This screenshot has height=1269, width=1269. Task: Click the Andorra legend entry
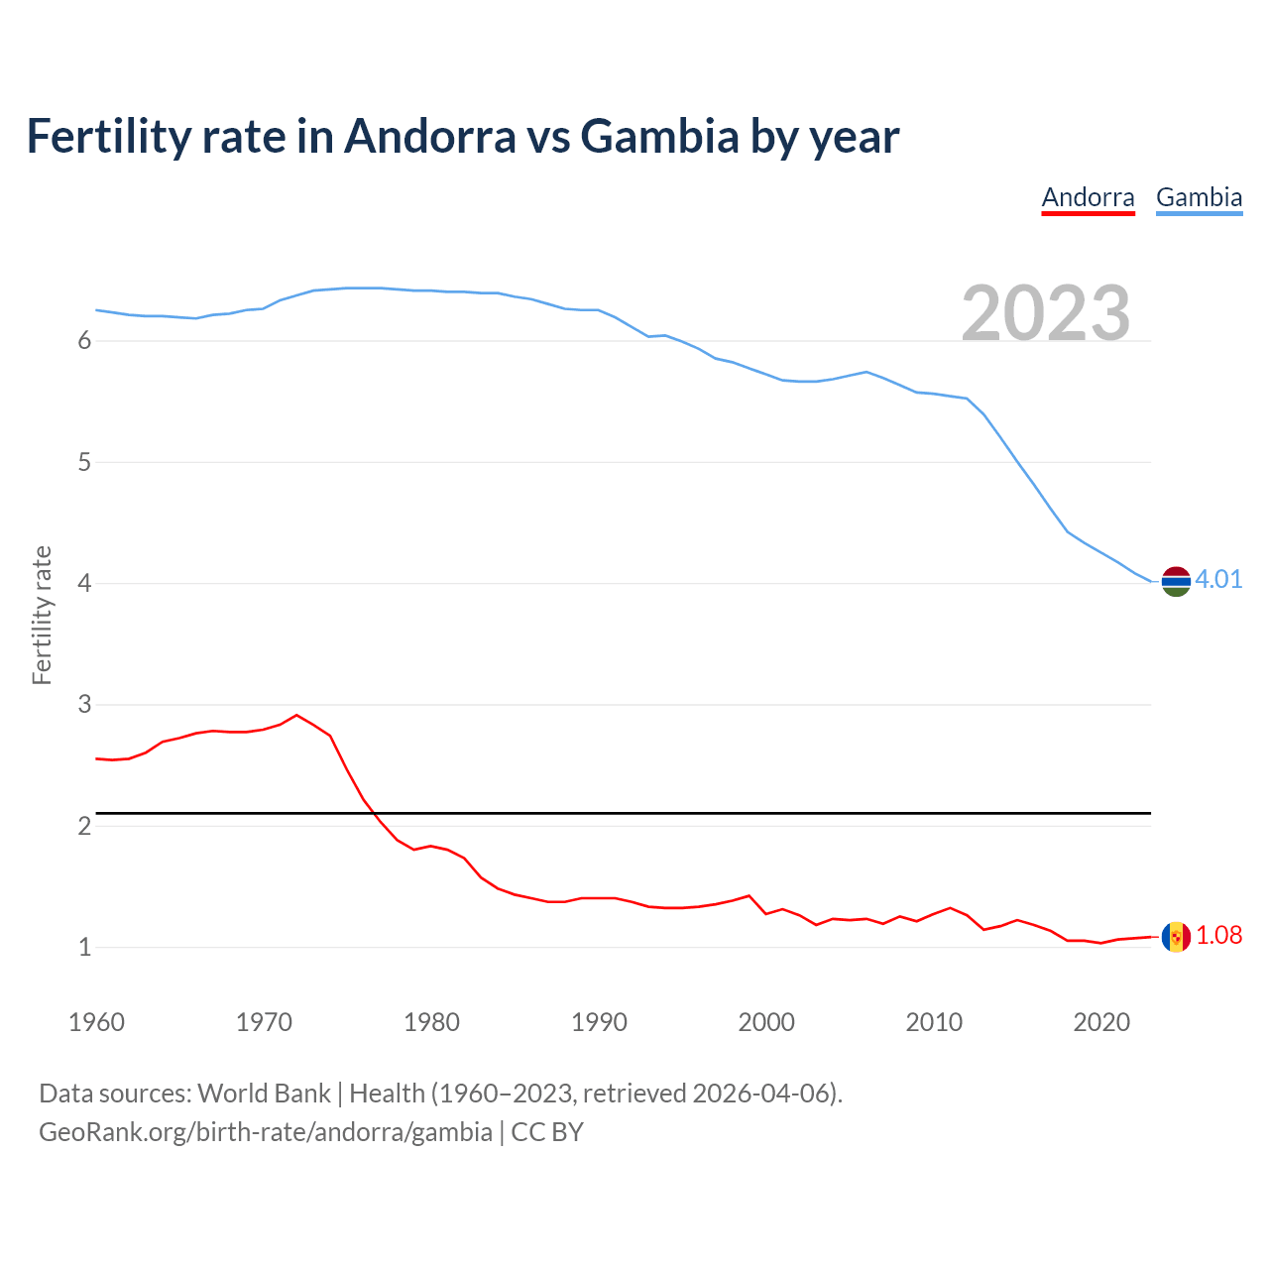(1088, 197)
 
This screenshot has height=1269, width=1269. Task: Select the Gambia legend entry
(1199, 197)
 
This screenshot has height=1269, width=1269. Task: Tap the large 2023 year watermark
(1046, 313)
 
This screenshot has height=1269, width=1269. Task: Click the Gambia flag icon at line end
(1176, 581)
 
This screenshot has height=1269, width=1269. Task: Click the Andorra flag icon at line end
(1176, 937)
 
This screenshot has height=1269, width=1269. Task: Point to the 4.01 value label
(1218, 580)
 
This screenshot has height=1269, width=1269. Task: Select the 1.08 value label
(1218, 936)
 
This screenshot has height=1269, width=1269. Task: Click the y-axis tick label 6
(84, 341)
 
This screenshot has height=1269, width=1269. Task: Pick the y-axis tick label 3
(84, 705)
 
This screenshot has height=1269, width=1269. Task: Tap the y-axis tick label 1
(84, 948)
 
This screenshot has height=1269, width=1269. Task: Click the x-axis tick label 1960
(96, 1022)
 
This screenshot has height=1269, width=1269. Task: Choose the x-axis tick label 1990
(599, 1022)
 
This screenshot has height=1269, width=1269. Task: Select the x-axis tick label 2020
(1101, 1022)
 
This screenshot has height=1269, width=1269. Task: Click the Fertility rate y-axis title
(42, 615)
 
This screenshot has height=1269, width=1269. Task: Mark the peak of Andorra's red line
(296, 715)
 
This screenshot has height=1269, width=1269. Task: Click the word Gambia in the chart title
(659, 136)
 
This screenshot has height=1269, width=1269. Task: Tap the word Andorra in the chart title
(429, 136)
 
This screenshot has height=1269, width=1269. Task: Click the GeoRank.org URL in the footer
(266, 1132)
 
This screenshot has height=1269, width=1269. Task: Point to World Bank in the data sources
(264, 1094)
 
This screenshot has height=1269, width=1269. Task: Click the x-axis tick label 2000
(766, 1022)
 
